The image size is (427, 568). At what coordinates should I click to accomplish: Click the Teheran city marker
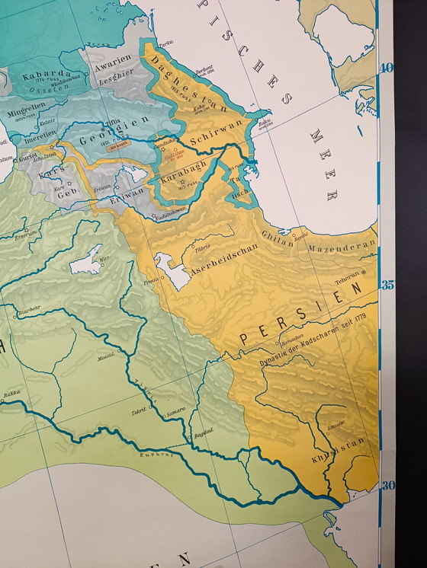364,273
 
